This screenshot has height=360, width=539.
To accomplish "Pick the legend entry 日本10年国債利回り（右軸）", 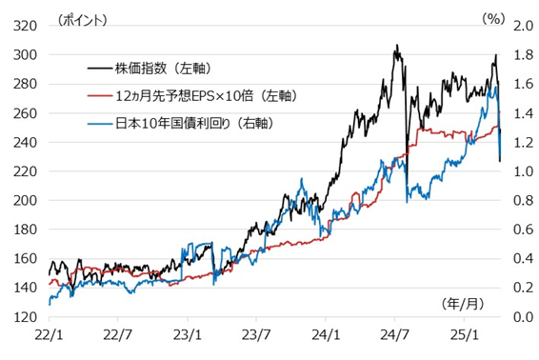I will [190, 122].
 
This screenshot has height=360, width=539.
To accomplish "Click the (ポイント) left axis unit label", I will [84, 18].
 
